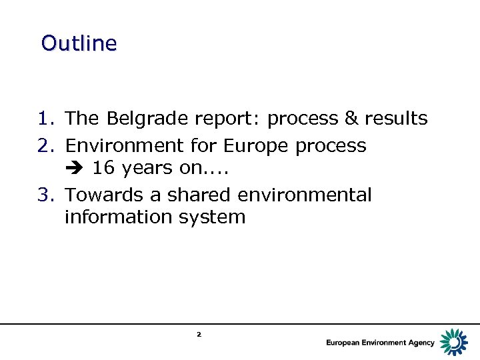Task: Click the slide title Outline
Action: (x=79, y=43)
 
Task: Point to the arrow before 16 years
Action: (x=75, y=169)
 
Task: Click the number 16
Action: (x=103, y=168)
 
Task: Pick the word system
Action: (x=213, y=218)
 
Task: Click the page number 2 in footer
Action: (x=199, y=334)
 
